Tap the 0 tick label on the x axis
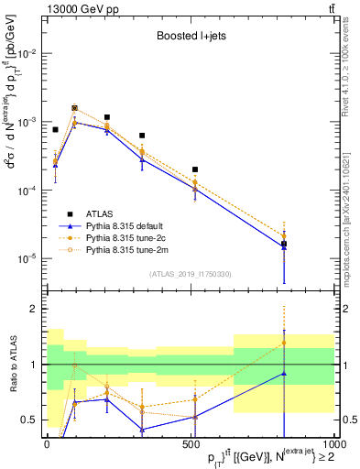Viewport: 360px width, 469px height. (x=47, y=444)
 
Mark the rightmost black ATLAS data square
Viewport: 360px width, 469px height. (x=284, y=244)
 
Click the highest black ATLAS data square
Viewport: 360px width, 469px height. (x=75, y=107)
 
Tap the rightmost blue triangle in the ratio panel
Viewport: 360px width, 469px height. (x=284, y=373)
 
